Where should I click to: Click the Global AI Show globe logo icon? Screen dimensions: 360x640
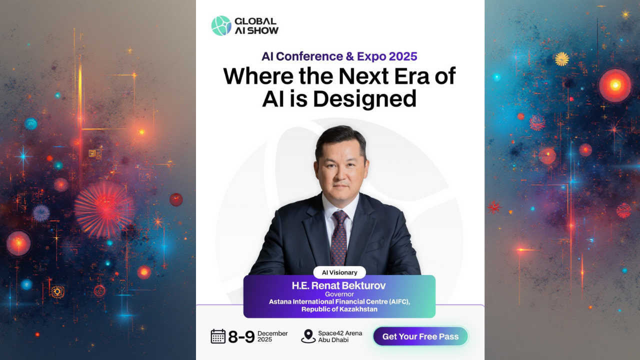pos(221,25)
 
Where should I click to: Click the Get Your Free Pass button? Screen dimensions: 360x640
pos(420,336)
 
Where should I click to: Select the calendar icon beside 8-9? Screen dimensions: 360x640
pos(218,336)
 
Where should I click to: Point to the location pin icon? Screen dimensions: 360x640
pos(308,336)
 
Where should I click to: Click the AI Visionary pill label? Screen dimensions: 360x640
pos(339,272)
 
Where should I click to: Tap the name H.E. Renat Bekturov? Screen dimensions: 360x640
pos(339,285)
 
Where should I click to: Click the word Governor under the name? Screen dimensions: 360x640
pos(339,294)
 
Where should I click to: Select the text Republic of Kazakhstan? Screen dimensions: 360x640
pos(339,309)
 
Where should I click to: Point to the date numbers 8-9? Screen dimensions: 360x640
pos(241,337)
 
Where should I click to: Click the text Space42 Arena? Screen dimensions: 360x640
pos(340,333)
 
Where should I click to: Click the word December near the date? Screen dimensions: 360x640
pos(272,333)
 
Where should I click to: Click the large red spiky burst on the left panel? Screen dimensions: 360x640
pos(103,209)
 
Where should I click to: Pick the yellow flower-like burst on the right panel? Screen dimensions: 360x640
pos(561,59)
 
